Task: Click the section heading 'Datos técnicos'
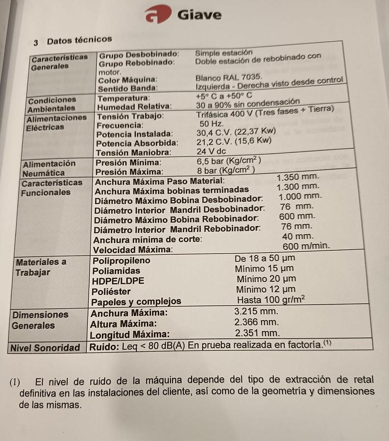pyautogui.click(x=79, y=39)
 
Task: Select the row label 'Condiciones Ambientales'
pyautogui.click(x=52, y=104)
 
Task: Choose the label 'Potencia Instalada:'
pyautogui.click(x=134, y=133)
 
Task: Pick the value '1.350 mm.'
pyautogui.click(x=298, y=177)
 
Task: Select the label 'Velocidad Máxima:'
pyautogui.click(x=132, y=250)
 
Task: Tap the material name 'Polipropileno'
pyautogui.click(x=122, y=261)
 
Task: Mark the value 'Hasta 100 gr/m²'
pyautogui.click(x=271, y=299)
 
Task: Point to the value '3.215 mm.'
pyautogui.click(x=256, y=312)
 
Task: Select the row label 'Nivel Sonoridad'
pyautogui.click(x=45, y=348)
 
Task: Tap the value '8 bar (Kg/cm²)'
pyautogui.click(x=226, y=171)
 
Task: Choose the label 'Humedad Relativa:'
pyautogui.click(x=134, y=106)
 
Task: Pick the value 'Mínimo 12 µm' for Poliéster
pyautogui.click(x=266, y=290)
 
